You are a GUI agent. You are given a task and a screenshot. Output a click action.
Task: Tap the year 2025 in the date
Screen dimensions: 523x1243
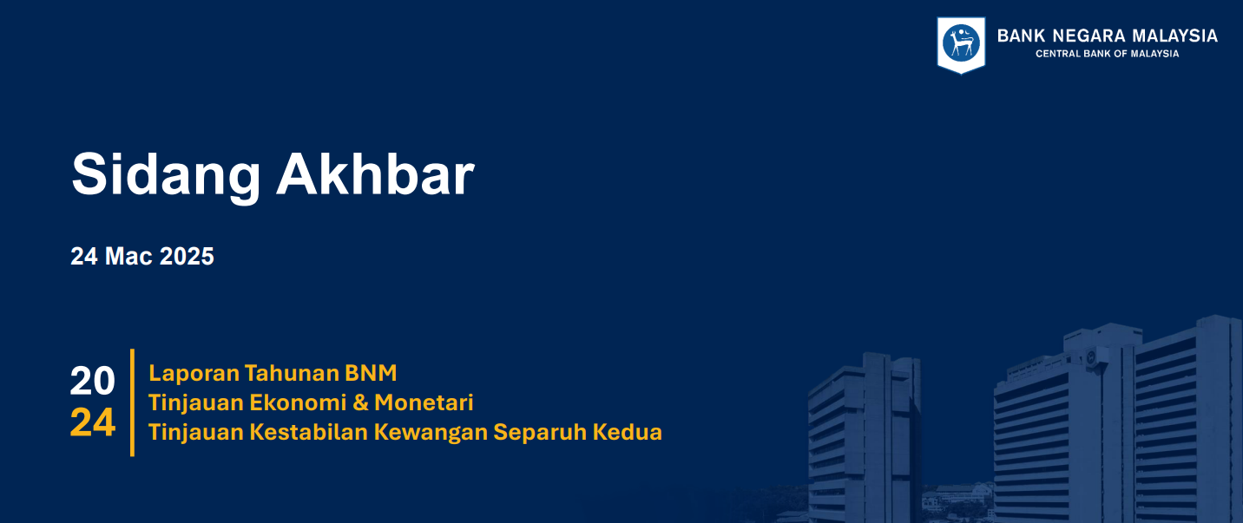[187, 257]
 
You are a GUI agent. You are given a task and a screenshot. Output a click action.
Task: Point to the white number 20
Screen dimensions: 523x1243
[93, 382]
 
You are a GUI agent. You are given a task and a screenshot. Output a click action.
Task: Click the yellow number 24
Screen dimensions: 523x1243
[93, 423]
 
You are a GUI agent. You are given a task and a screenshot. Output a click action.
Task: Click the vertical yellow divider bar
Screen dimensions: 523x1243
[132, 402]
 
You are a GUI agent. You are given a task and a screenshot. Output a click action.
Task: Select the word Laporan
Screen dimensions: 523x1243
[194, 374]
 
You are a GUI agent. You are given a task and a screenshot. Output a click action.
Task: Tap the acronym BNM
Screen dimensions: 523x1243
[371, 374]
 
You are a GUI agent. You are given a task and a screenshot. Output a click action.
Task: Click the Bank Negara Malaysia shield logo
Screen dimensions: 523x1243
[961, 44]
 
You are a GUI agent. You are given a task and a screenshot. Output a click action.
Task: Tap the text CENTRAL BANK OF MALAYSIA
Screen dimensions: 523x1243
[1107, 54]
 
